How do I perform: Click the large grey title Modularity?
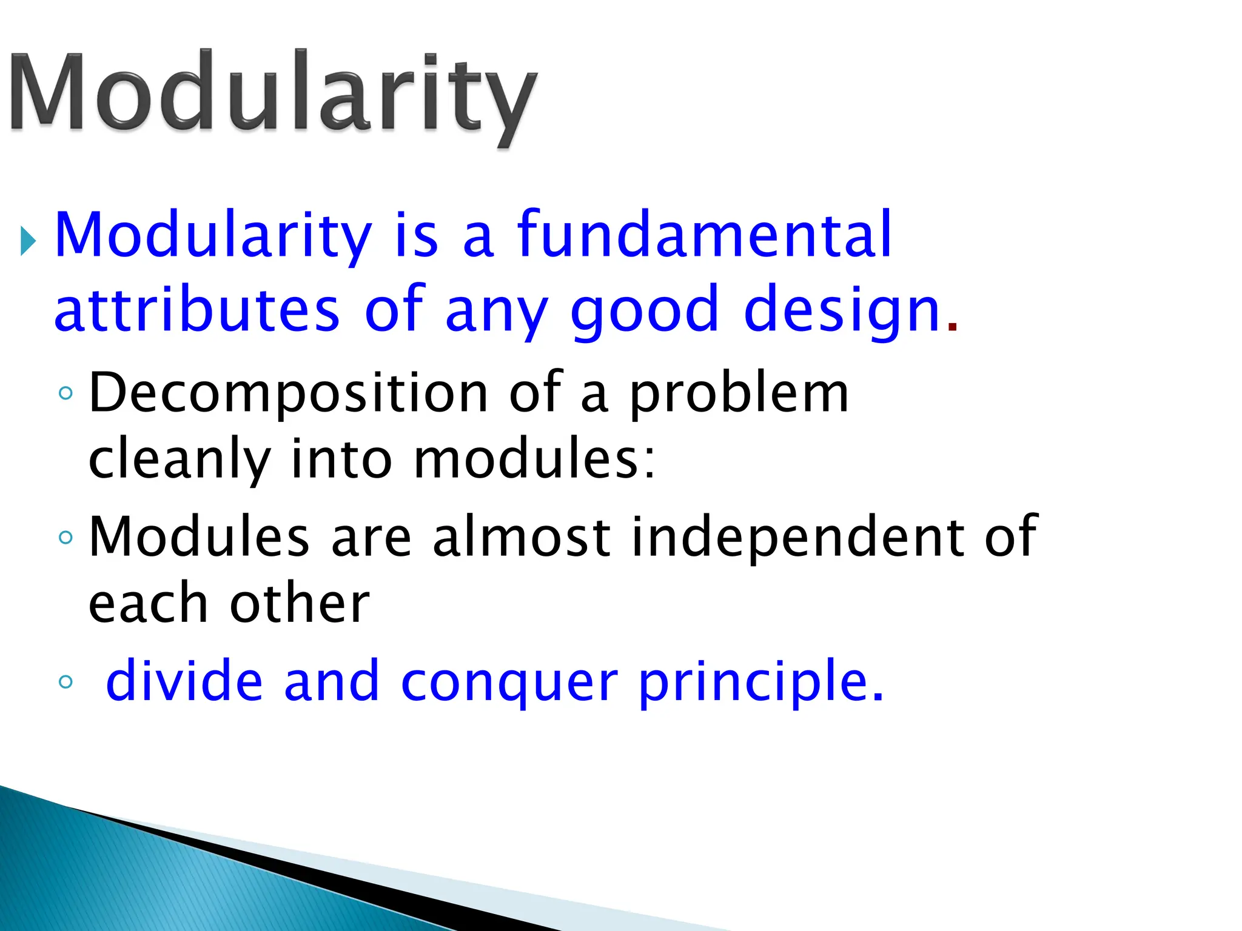(x=273, y=94)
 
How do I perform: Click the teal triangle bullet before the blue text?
(x=28, y=241)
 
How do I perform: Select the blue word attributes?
(x=196, y=310)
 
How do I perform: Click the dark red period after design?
(x=952, y=327)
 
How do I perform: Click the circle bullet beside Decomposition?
(x=66, y=393)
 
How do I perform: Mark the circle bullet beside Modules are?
(x=66, y=537)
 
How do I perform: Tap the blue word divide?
(x=184, y=681)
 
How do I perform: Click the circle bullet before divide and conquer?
(x=66, y=682)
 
